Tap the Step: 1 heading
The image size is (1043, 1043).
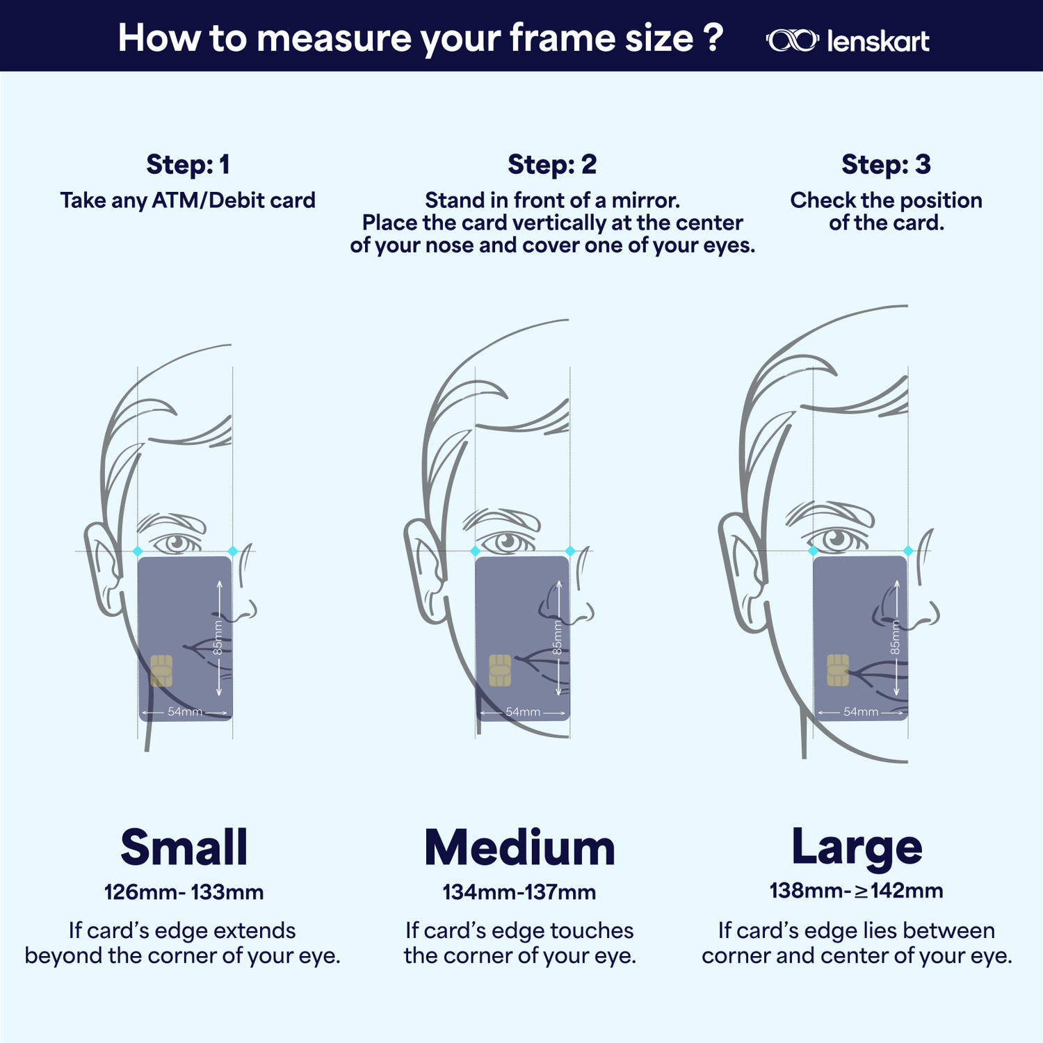pyautogui.click(x=188, y=165)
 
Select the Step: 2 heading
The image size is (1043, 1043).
pyautogui.click(x=552, y=165)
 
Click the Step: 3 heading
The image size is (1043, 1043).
pyautogui.click(x=886, y=165)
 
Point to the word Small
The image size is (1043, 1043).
pyautogui.click(x=184, y=848)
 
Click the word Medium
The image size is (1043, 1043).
pyautogui.click(x=520, y=848)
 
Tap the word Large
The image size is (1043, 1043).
pyautogui.click(x=857, y=846)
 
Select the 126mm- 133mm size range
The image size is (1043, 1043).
pyautogui.click(x=184, y=892)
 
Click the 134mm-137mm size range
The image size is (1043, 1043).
pyautogui.click(x=519, y=892)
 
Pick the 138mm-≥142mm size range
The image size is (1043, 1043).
pyautogui.click(x=856, y=891)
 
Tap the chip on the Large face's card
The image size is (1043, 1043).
pyautogui.click(x=837, y=670)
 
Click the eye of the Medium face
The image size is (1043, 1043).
pyautogui.click(x=506, y=541)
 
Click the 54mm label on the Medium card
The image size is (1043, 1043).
pyautogui.click(x=523, y=712)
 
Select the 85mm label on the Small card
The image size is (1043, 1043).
pyautogui.click(x=218, y=638)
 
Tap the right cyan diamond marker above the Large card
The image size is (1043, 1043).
pyautogui.click(x=908, y=551)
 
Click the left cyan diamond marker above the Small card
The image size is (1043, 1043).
pyautogui.click(x=138, y=551)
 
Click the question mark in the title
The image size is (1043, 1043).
pyautogui.click(x=713, y=38)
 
